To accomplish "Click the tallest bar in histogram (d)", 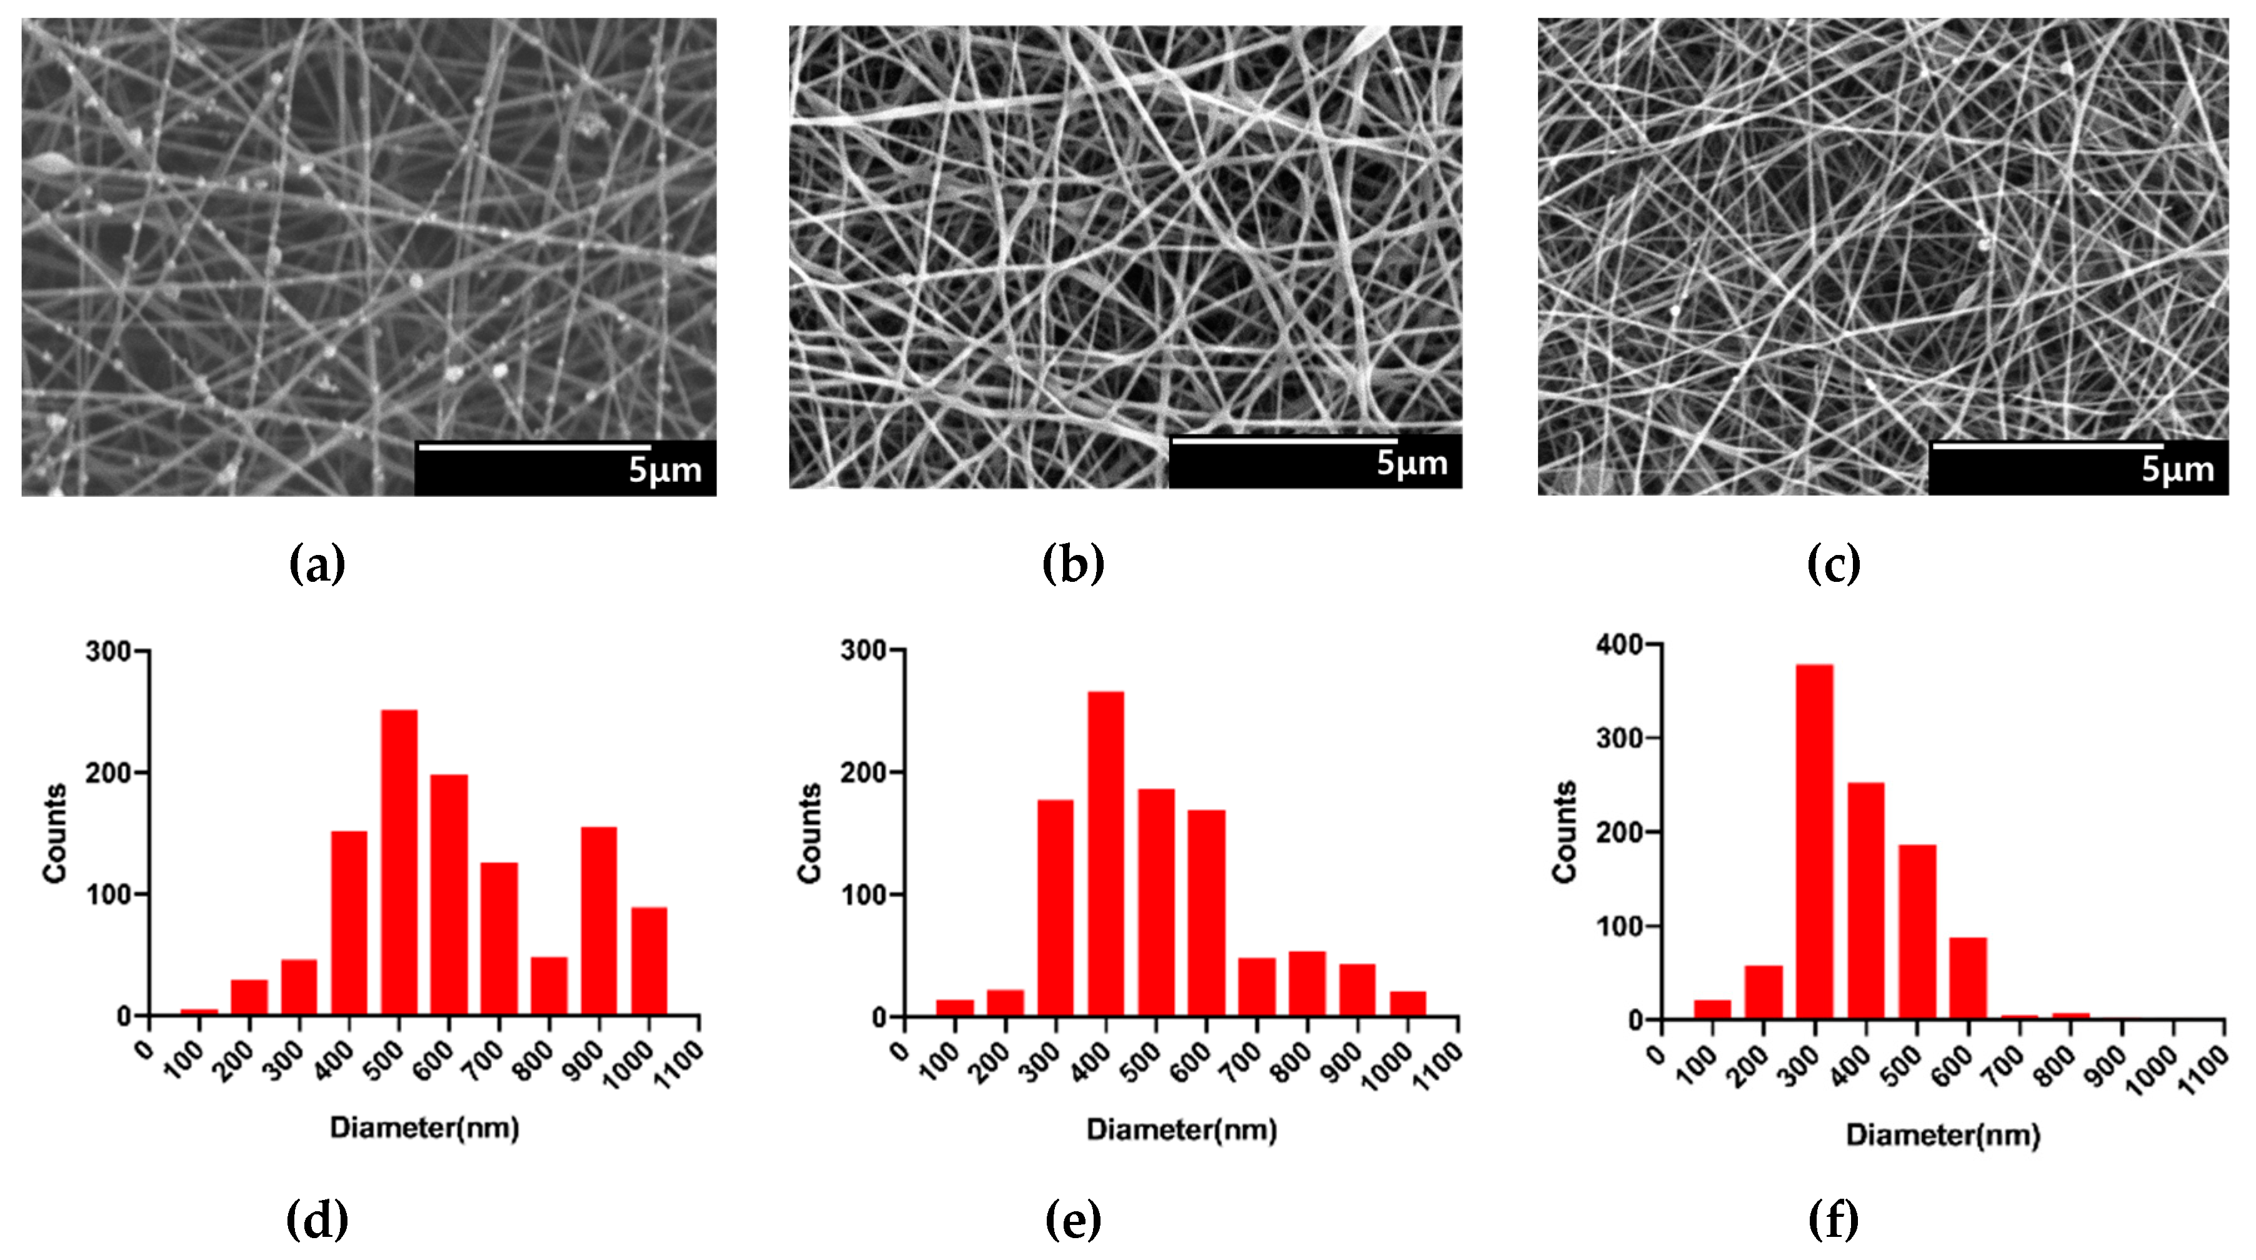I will point(399,862).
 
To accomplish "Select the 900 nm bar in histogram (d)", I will point(599,921).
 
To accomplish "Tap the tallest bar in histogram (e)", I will point(1106,854).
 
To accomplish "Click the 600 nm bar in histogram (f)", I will point(1967,978).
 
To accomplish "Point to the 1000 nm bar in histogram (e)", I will point(1407,1004).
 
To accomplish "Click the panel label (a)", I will point(317,564).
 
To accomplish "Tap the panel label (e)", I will point(1073,1220).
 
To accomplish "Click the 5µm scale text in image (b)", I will point(1412,463).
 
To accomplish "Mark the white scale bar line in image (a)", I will point(534,447).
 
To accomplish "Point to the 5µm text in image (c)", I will point(2177,469).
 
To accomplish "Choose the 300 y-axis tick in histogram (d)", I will point(107,651).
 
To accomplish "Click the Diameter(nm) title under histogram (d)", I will point(425,1127).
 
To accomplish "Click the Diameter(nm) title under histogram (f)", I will point(1942,1135).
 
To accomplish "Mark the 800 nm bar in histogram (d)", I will point(549,986).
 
